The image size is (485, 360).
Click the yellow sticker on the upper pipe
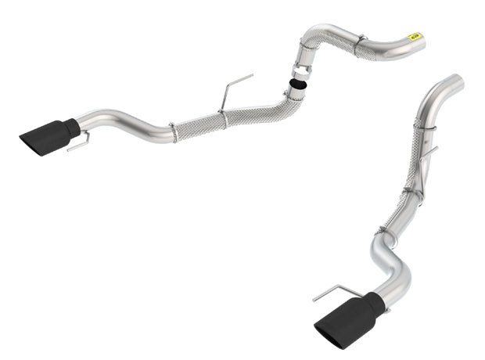pyautogui.click(x=415, y=34)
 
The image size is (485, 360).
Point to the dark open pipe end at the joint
pyautogui.click(x=296, y=84)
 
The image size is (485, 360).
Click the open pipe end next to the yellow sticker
pyautogui.click(x=423, y=41)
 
